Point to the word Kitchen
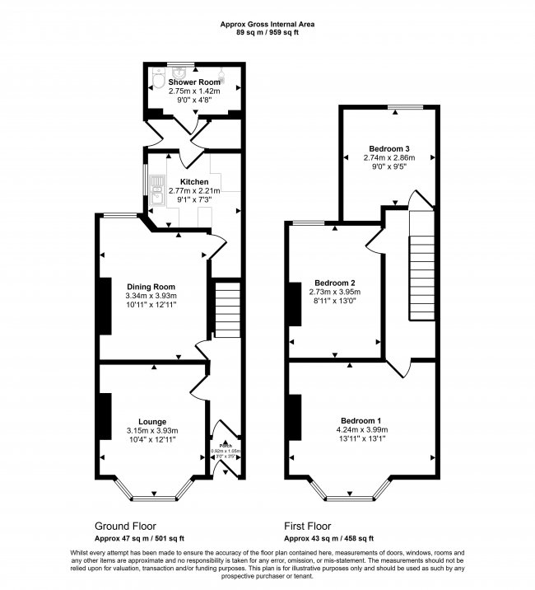tap(194, 182)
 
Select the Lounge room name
tap(152, 420)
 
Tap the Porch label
tap(222, 445)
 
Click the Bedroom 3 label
tap(390, 147)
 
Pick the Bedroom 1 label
tap(362, 419)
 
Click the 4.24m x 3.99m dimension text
tap(362, 429)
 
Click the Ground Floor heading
tap(125, 526)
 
